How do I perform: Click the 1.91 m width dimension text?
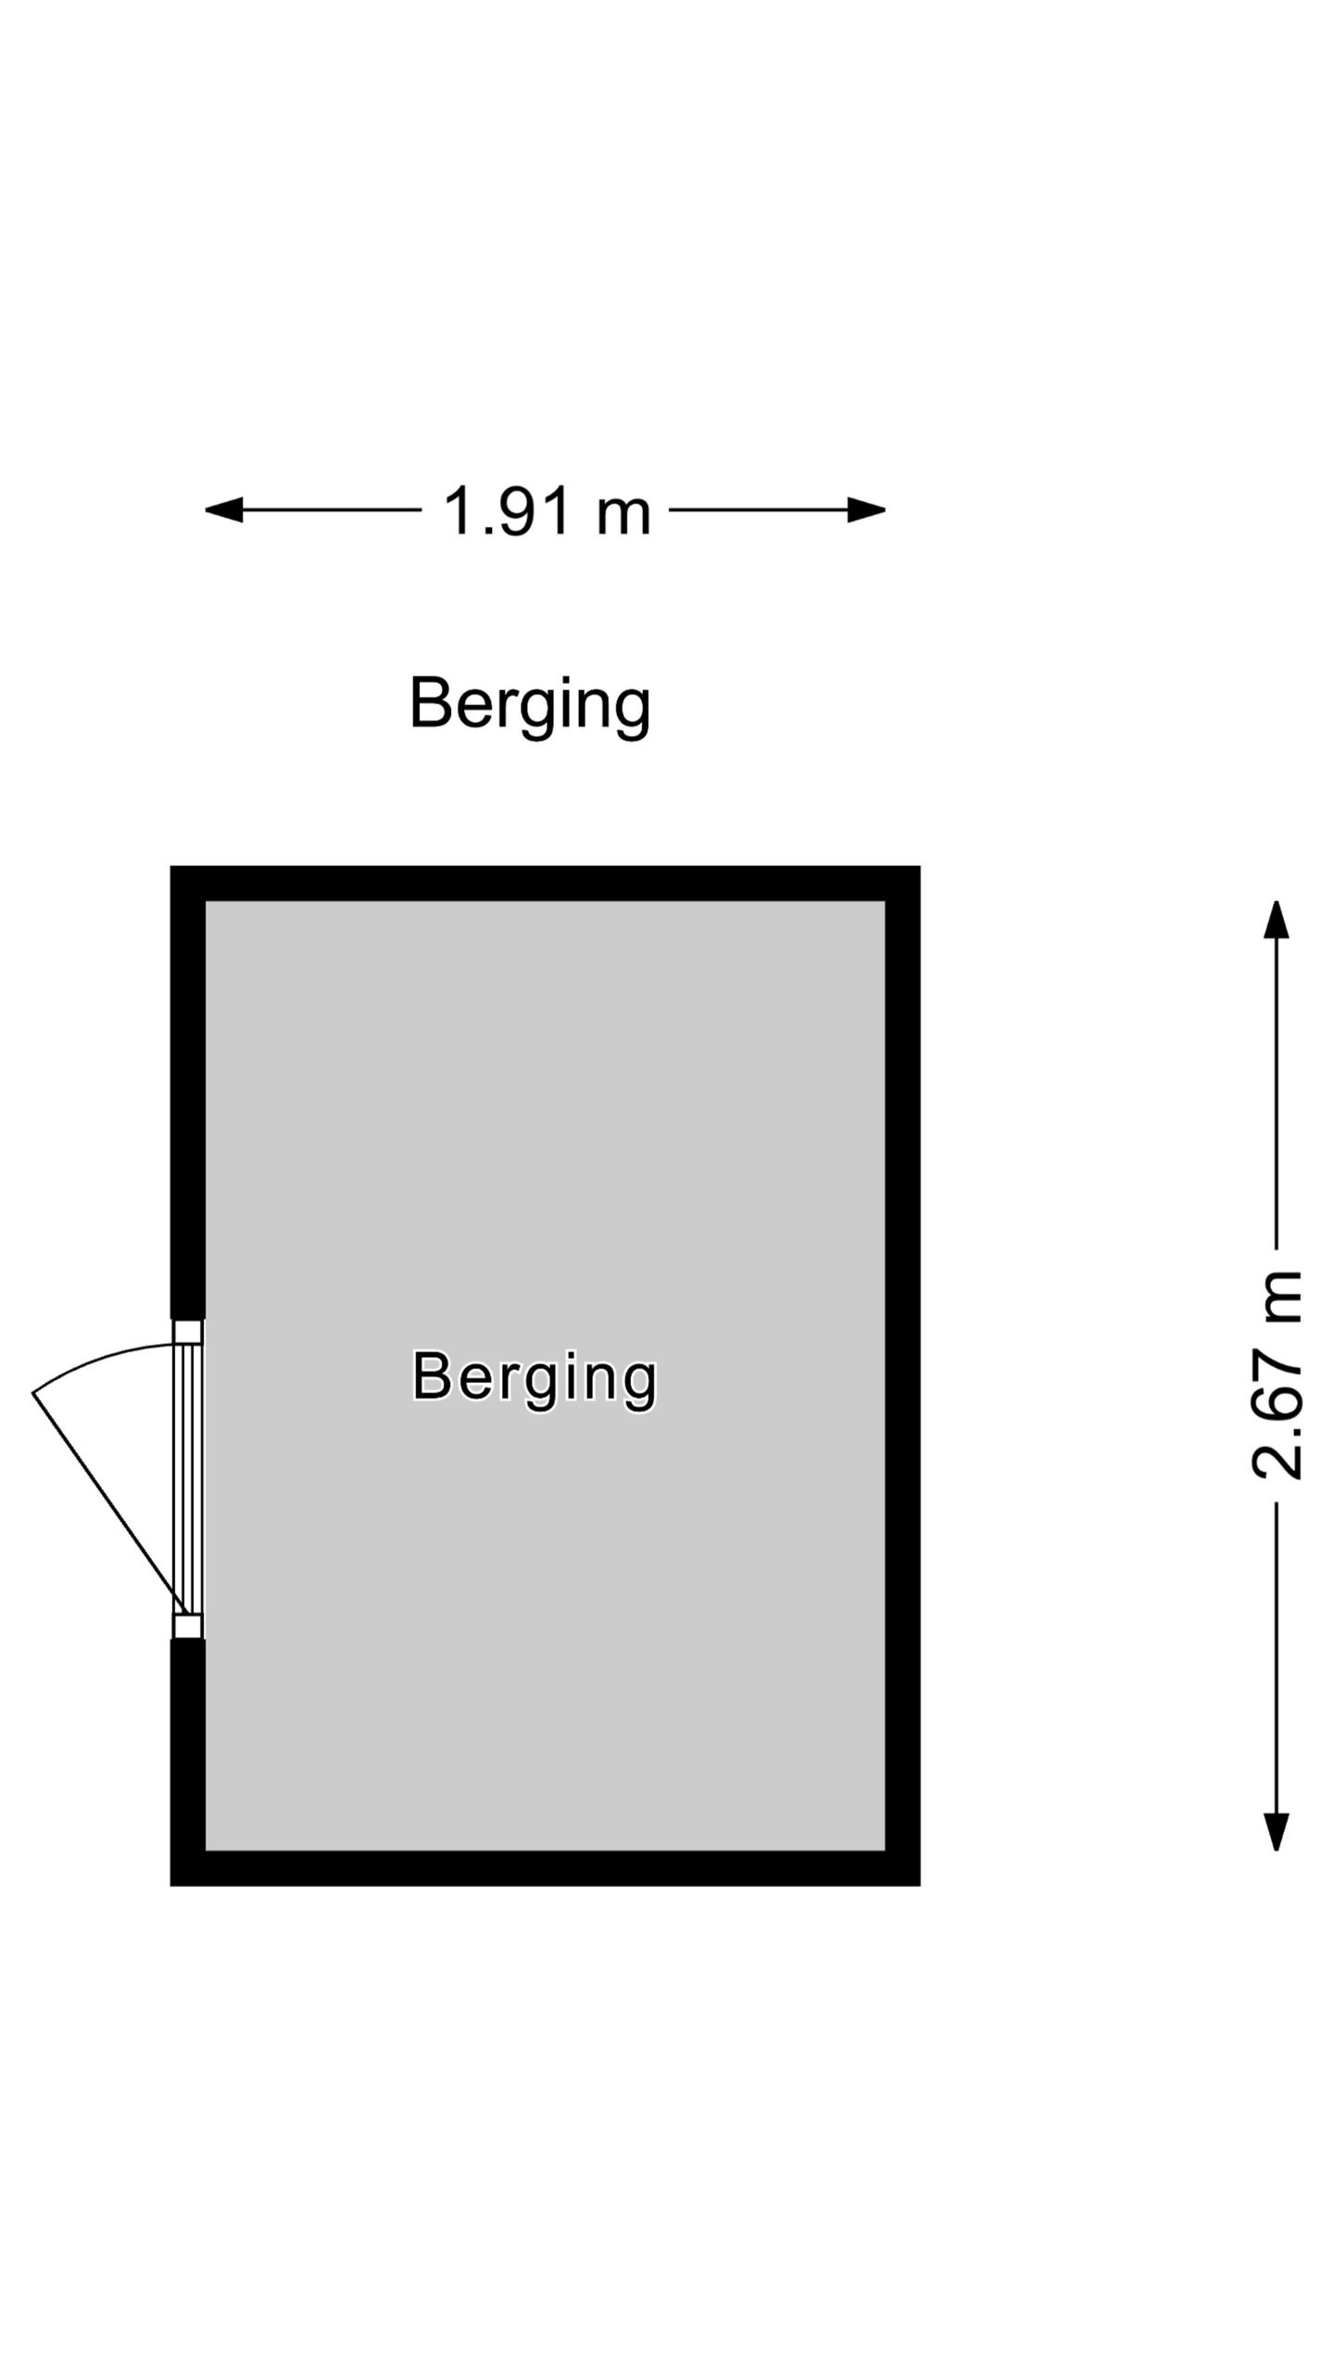pos(547,510)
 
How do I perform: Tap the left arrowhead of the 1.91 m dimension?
pos(223,509)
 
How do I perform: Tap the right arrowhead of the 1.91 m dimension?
pos(867,509)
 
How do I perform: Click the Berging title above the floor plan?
pos(531,707)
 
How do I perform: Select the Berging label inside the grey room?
pos(535,1379)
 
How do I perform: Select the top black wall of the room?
pos(545,884)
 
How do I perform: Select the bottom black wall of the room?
pos(545,1868)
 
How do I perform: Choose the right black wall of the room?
pos(902,1375)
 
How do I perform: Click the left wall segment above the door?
pos(187,1093)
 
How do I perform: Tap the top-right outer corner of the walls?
pos(920,866)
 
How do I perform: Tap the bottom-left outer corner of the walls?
pos(170,1886)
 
